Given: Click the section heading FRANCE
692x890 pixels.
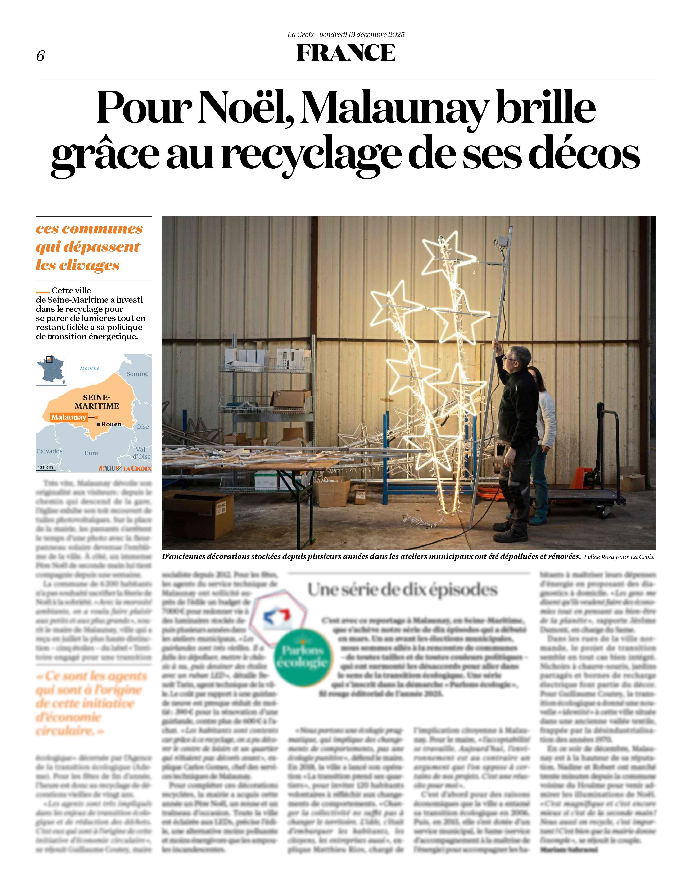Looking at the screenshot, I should (x=346, y=53).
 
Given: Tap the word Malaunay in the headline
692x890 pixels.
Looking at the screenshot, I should (x=393, y=108).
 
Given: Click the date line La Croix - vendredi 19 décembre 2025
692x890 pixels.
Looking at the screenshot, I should (x=346, y=35).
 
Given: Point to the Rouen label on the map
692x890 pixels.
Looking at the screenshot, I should (x=111, y=424).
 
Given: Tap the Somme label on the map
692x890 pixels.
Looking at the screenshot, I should (x=137, y=374).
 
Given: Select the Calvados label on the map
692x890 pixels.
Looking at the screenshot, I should (x=49, y=451).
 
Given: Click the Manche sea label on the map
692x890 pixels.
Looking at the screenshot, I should (x=90, y=368).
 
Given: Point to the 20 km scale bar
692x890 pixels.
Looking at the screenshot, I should (x=46, y=468).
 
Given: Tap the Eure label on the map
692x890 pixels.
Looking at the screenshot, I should (x=91, y=453).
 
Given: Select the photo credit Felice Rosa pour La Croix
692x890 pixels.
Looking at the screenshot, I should (x=619, y=557).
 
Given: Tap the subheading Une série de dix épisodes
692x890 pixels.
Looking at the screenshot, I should (x=402, y=590).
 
